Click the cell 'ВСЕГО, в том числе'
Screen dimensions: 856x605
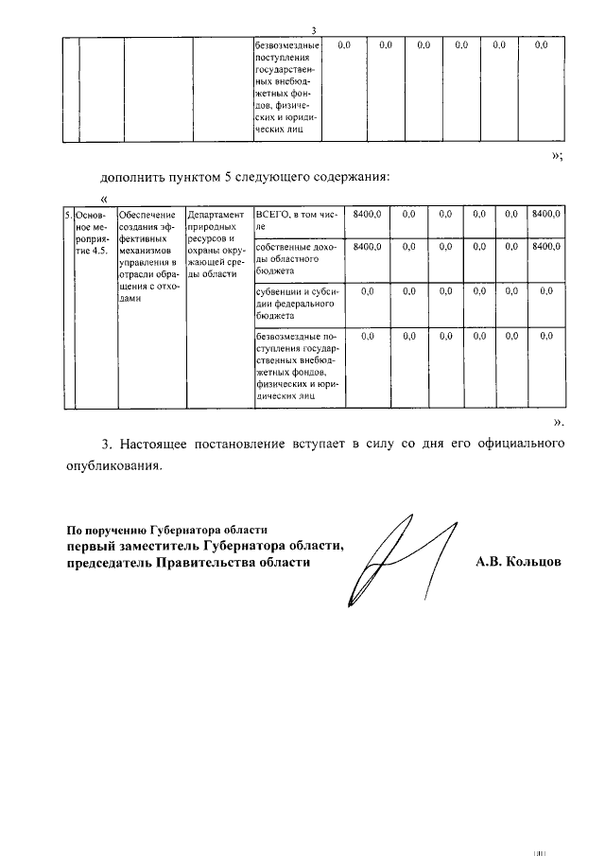296,221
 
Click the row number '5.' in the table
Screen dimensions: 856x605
68,216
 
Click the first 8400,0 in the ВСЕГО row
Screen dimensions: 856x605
366,216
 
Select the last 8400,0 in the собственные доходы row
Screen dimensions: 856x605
545,247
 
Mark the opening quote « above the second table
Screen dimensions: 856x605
104,198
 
